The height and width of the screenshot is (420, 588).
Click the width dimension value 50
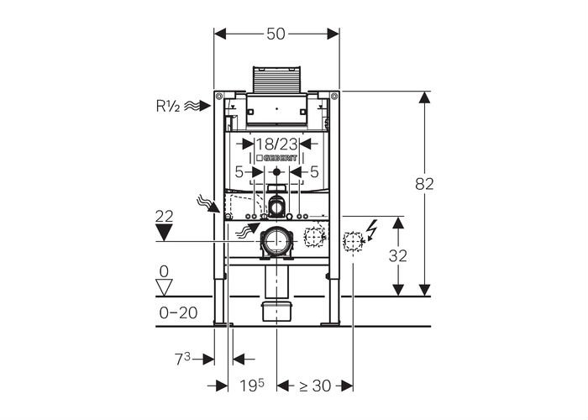276,34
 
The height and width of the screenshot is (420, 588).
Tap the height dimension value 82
424,184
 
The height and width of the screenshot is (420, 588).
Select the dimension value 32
398,256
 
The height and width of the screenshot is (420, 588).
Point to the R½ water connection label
168,107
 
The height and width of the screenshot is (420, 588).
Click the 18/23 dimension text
276,144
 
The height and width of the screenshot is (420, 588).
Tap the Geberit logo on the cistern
276,158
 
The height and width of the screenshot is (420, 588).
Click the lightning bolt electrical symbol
372,229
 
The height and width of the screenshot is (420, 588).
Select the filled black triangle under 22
165,233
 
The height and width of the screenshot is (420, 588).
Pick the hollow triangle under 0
164,287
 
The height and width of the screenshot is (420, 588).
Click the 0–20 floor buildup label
178,312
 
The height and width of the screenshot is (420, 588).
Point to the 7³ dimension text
182,360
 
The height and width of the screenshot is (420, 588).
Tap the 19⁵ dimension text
252,386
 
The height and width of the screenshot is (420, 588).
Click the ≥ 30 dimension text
315,386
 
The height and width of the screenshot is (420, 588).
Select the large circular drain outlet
276,241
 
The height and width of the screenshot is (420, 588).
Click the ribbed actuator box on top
276,79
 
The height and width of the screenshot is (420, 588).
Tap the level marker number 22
165,217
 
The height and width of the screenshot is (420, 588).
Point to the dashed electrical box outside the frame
354,241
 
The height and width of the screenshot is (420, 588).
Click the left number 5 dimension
239,172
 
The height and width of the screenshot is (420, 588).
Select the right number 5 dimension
314,172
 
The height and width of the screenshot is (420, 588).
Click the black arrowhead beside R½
204,106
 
